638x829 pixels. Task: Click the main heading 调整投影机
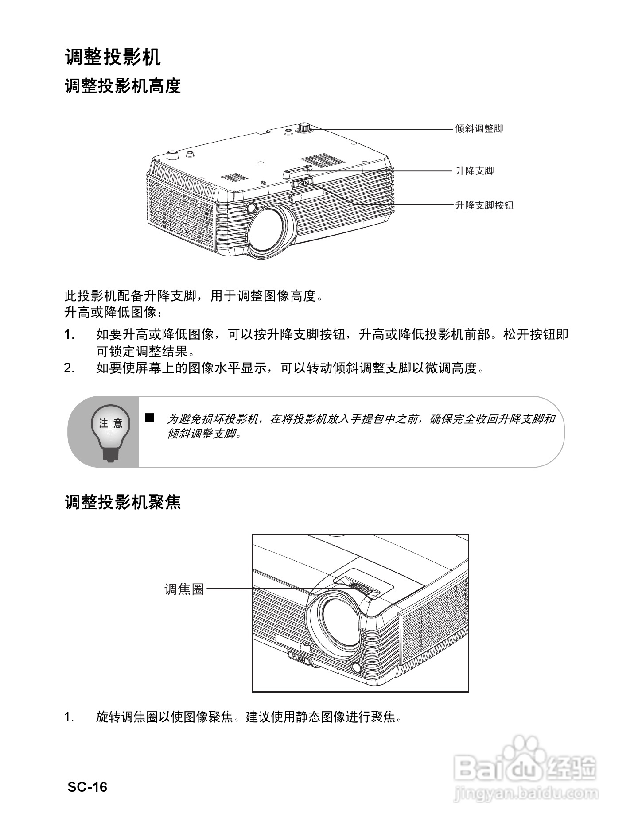click(113, 58)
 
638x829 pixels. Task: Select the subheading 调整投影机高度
click(123, 86)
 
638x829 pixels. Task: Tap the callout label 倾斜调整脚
click(479, 129)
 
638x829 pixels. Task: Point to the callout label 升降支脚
click(475, 171)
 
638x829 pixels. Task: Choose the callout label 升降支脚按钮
click(484, 205)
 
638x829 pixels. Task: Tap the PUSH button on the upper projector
click(302, 182)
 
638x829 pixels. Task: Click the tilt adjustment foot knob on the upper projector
click(304, 127)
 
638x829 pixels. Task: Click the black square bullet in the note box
click(149, 417)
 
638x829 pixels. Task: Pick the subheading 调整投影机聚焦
click(123, 502)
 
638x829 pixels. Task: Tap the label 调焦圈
click(184, 589)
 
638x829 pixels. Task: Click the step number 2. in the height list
click(69, 368)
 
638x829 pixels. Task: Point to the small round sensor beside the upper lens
click(251, 207)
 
